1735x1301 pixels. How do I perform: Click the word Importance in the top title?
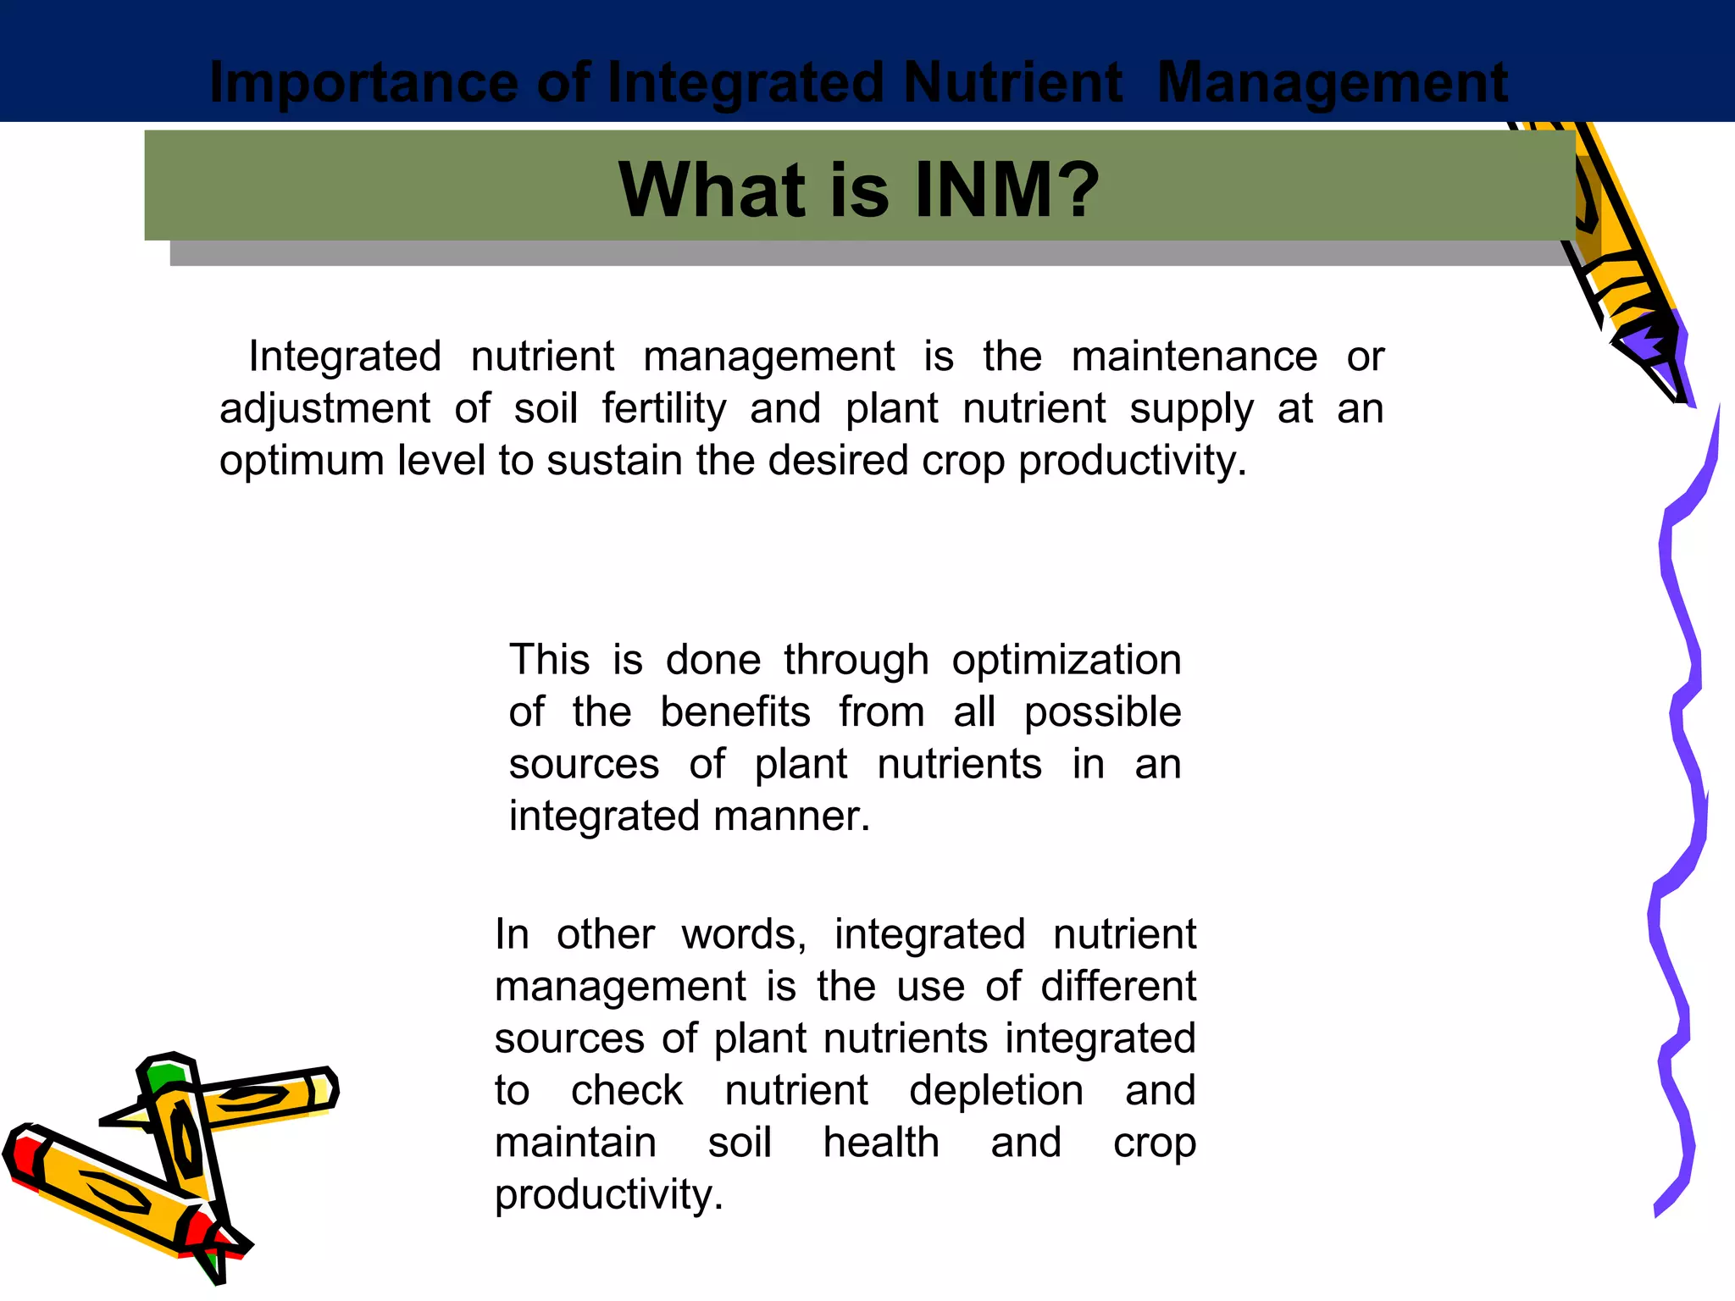363,83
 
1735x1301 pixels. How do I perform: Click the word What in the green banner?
712,190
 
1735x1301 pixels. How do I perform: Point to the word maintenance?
1194,357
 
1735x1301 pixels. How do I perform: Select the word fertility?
664,409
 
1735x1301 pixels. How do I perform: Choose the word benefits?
734,712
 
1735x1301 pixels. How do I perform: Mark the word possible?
1102,712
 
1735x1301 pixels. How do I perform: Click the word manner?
791,817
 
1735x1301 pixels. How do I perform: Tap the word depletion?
996,1091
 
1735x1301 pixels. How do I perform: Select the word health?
881,1143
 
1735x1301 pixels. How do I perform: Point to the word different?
1117,987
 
